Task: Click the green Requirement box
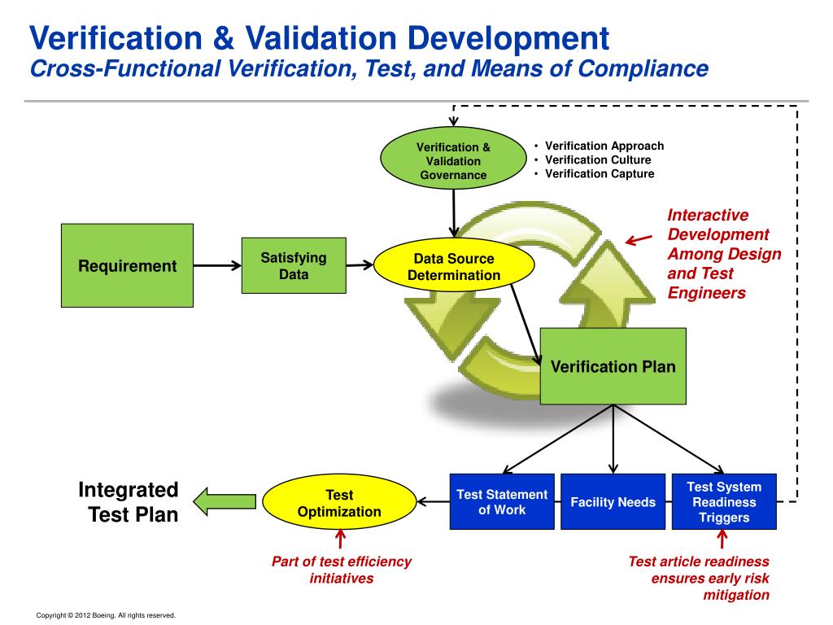128,265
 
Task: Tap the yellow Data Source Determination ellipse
454,267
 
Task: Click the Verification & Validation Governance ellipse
453,160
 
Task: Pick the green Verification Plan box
613,366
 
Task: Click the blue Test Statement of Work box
502,502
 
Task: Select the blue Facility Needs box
613,502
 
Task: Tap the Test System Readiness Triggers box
724,502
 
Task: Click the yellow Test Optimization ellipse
339,503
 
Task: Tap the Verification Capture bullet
599,173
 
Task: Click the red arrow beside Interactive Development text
639,238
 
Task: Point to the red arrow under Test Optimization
340,540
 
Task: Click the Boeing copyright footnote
106,615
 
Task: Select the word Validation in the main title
328,38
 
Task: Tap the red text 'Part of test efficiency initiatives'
341,570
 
